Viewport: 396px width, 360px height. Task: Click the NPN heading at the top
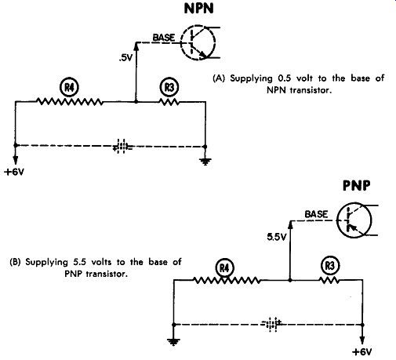199,9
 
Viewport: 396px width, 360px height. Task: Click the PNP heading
357,186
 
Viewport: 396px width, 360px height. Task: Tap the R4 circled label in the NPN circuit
69,87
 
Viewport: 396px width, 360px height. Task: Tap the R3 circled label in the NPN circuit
169,87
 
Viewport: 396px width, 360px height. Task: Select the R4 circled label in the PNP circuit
224,268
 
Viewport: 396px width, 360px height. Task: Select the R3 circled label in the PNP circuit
330,266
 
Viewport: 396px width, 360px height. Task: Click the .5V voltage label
125,58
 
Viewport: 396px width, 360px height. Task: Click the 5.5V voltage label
277,237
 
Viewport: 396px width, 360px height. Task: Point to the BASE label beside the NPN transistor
164,38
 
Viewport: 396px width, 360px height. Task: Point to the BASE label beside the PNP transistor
316,214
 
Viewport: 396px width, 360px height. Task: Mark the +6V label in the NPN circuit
14,172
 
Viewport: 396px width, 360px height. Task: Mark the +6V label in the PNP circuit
361,352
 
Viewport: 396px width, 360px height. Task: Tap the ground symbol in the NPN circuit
205,162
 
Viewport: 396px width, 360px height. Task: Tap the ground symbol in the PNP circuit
173,341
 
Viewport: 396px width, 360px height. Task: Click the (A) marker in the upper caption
219,78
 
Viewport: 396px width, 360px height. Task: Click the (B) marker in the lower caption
15,262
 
